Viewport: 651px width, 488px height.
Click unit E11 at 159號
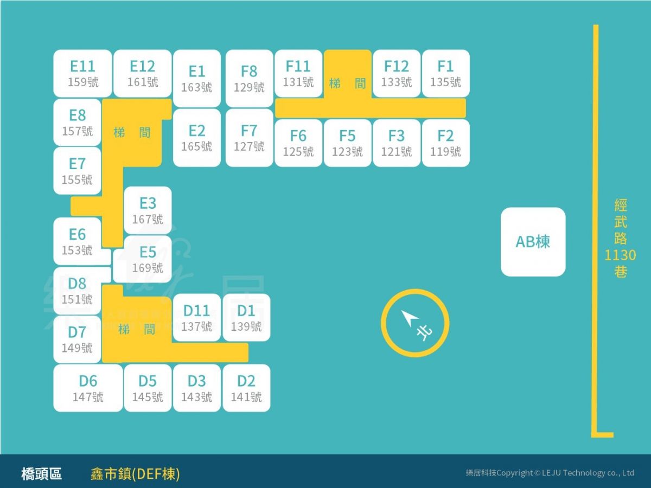[83, 74]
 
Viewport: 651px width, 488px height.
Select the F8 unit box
[249, 79]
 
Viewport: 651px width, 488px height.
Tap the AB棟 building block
[533, 242]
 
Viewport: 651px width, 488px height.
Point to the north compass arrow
[410, 318]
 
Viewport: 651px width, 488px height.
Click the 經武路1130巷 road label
[620, 238]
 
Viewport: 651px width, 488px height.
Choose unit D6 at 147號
[88, 388]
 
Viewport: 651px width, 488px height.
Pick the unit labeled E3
[148, 210]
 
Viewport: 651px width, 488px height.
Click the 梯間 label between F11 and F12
[347, 84]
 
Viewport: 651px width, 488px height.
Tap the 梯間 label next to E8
[132, 132]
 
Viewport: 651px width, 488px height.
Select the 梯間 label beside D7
[136, 329]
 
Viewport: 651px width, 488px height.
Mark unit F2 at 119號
[446, 143]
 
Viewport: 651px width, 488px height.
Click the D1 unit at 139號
[246, 318]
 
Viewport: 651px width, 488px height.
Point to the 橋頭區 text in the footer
[42, 474]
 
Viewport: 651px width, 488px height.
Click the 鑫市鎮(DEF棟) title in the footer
[135, 474]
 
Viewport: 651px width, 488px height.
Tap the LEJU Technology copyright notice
[550, 473]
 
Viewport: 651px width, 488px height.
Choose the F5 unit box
[348, 143]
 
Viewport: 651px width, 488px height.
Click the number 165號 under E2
[196, 146]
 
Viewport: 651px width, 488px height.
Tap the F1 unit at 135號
[446, 74]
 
